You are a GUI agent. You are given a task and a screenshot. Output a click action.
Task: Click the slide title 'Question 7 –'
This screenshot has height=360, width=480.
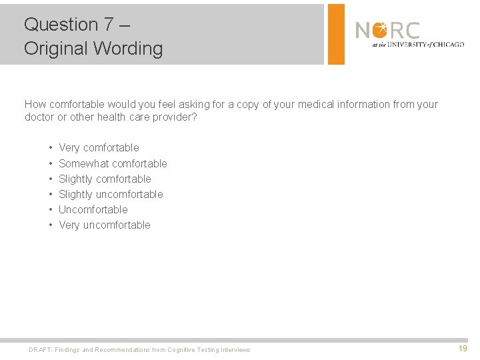[77, 25]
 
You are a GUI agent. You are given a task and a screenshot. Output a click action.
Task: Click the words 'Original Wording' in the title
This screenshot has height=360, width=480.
[93, 49]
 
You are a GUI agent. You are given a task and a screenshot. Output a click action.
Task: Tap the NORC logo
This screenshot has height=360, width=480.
[387, 31]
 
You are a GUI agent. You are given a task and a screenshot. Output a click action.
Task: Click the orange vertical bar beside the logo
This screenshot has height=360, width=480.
[336, 34]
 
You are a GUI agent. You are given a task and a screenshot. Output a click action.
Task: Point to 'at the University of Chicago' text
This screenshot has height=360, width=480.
[418, 45]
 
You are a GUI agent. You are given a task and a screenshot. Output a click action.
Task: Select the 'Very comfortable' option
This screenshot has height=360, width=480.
[99, 148]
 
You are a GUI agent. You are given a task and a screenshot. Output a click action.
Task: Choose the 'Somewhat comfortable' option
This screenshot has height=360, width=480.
[113, 163]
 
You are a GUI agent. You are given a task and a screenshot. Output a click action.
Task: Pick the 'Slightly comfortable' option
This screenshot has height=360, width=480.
[105, 179]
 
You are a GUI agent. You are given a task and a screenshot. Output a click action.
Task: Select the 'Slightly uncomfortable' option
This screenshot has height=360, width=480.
[111, 194]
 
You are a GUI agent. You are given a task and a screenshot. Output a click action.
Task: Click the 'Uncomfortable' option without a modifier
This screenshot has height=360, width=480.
[93, 209]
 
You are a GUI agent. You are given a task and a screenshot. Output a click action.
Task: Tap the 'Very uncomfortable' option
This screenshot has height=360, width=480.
[105, 225]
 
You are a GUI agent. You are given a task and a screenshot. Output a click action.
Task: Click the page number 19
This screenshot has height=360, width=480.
[463, 349]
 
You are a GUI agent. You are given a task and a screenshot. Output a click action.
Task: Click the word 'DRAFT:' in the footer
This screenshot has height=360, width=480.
[40, 350]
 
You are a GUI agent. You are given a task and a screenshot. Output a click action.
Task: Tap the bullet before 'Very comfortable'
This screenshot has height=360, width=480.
[51, 148]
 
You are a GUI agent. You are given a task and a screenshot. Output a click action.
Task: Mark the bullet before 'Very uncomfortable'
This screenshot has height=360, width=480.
[51, 225]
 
